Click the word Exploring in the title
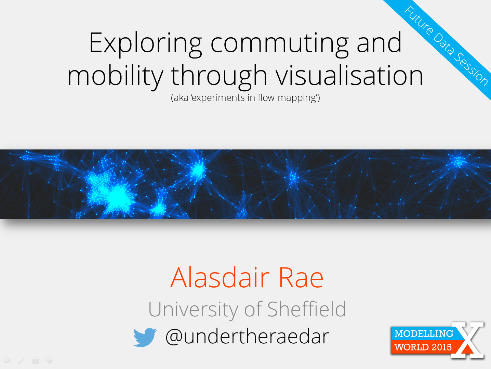[146, 44]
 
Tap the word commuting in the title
[280, 44]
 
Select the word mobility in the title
[116, 76]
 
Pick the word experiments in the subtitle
[218, 98]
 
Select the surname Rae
[301, 277]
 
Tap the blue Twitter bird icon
[145, 337]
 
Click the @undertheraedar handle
[247, 337]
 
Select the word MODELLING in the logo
[424, 333]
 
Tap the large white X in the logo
[467, 340]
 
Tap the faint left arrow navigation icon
[7, 360]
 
